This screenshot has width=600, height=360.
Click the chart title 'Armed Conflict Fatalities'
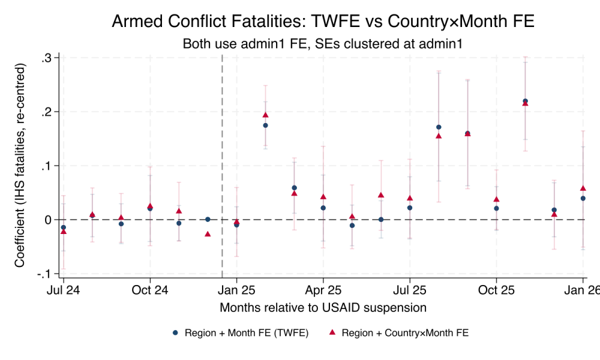click(323, 22)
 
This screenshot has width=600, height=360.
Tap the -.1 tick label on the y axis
click(44, 274)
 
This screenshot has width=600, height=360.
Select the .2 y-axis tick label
click(46, 112)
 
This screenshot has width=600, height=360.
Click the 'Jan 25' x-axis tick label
click(236, 290)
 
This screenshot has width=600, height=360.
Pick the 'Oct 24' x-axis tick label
click(150, 290)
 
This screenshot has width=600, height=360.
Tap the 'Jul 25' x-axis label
click(410, 290)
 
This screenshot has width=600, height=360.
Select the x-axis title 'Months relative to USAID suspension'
click(323, 308)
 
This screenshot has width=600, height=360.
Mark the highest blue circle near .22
click(526, 101)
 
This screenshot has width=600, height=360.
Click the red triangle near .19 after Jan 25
click(265, 115)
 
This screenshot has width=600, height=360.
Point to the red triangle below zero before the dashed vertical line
click(208, 234)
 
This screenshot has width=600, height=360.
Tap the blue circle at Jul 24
click(63, 227)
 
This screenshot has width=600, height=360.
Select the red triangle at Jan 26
click(583, 188)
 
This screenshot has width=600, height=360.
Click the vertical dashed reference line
click(222, 150)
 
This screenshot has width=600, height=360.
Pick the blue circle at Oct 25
click(496, 208)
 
